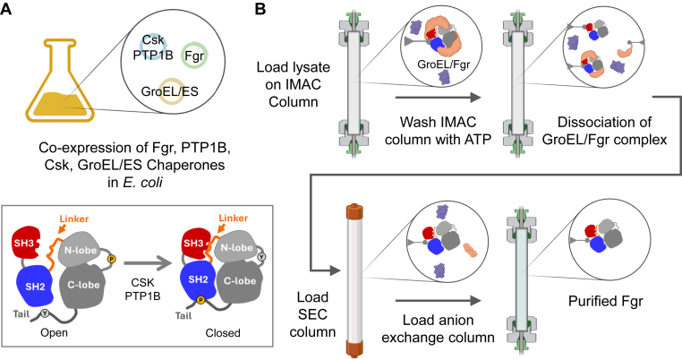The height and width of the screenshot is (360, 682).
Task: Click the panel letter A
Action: tap(6, 8)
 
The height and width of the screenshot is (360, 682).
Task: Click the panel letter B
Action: tap(260, 8)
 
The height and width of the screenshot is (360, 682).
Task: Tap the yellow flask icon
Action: tap(60, 81)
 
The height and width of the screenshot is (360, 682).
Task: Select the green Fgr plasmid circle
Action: tap(194, 56)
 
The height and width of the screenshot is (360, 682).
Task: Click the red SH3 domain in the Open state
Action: tap(25, 242)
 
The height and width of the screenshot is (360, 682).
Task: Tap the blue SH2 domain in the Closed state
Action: tap(200, 280)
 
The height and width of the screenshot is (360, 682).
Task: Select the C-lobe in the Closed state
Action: tap(240, 281)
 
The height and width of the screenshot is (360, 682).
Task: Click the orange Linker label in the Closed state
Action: tap(234, 218)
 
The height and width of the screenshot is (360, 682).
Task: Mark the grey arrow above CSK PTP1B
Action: tap(146, 262)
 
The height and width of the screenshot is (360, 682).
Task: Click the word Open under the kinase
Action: tap(54, 333)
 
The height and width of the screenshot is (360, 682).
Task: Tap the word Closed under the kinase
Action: tap(223, 333)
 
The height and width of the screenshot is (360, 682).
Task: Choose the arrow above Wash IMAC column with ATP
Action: tap(438, 98)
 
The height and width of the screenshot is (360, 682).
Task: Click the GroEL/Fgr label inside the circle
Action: tap(444, 64)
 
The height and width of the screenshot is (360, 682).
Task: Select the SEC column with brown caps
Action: tap(352, 279)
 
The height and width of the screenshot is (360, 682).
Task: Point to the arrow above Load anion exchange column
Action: tap(438, 300)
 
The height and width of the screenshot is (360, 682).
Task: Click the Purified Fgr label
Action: tap(605, 301)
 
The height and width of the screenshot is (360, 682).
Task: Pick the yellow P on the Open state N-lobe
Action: tap(112, 260)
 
